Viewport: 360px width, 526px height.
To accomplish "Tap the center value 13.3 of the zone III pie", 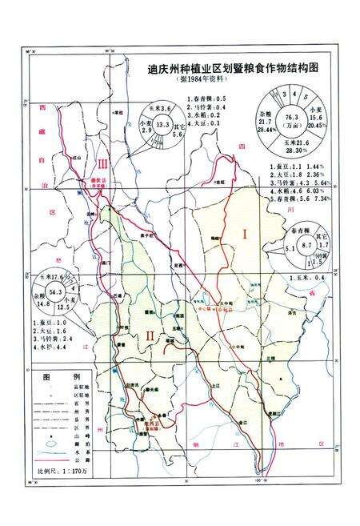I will [x=162, y=124].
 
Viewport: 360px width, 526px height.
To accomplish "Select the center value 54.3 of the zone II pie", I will [x=56, y=295].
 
